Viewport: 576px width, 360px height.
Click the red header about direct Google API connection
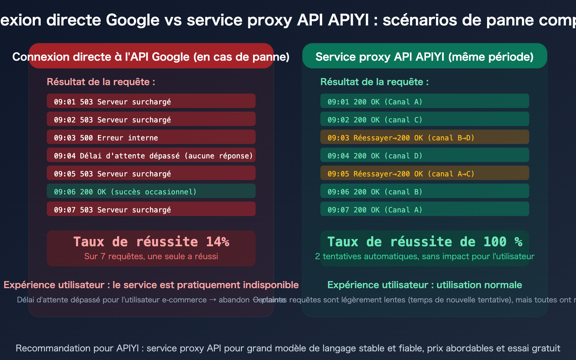tap(151, 57)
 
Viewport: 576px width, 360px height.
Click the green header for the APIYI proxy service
tap(424, 57)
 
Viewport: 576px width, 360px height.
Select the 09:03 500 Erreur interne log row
tap(151, 137)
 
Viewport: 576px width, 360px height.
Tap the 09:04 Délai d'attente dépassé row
tap(151, 155)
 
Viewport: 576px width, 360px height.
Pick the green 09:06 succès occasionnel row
tap(151, 191)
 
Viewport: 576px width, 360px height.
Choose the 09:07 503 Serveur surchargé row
tap(151, 209)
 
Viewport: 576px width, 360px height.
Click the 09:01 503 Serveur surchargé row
tap(151, 101)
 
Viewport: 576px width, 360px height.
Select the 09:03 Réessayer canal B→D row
tap(424, 137)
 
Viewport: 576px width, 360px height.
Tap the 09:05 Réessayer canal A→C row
tap(424, 173)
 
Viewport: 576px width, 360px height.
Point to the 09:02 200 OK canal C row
tap(424, 119)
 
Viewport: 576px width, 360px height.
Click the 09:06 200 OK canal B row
tap(424, 191)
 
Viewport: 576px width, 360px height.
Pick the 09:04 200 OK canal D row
tap(424, 155)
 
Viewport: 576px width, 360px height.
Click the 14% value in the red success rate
tap(217, 242)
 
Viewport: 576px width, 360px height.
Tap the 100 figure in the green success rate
tap(495, 242)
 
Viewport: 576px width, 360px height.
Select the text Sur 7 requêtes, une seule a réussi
tap(151, 256)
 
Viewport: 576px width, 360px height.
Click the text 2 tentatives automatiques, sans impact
tap(424, 256)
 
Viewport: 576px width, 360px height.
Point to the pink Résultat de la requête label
tap(101, 82)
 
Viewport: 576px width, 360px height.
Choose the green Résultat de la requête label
tap(374, 82)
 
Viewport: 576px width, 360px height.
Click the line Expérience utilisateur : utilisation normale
tap(424, 285)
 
